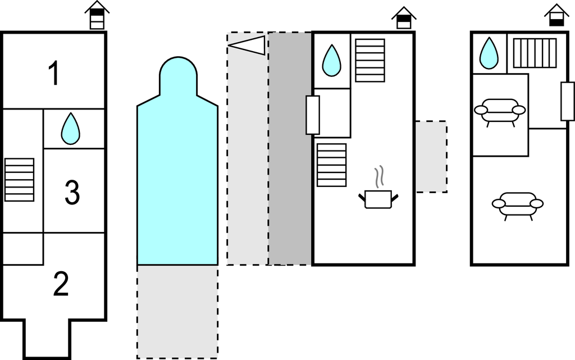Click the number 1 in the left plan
pos(54,74)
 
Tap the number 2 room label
pos(61,284)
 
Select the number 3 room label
pos(72,193)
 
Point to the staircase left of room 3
pos(19,180)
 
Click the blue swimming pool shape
pos(177,168)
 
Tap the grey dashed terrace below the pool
pos(177,311)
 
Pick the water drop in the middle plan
pos(331,60)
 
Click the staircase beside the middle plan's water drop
pos(370,60)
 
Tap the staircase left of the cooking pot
pos(331,165)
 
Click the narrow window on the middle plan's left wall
pos(313,115)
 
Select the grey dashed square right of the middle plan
pos(431,157)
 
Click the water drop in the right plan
pos(489,53)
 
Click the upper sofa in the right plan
pos(500,110)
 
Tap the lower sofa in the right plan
pos(518,204)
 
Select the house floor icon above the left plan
pos(97,15)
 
